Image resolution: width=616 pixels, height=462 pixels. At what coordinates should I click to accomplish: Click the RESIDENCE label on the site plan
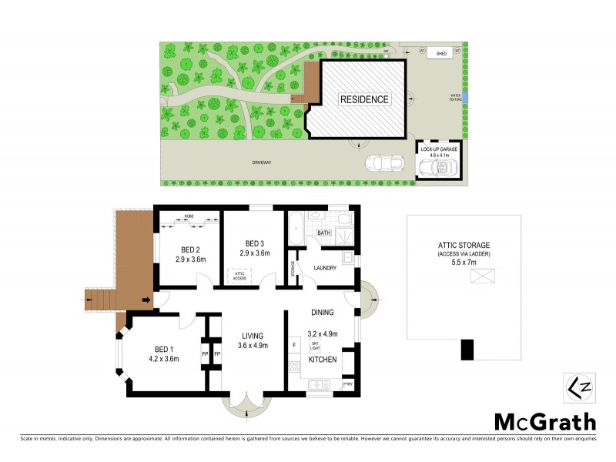[x=366, y=99]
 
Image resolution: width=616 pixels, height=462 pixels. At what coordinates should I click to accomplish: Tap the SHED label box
[x=441, y=54]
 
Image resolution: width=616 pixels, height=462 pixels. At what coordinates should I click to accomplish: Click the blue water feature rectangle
[x=465, y=98]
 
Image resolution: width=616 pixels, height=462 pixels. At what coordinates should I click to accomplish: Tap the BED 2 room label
[x=191, y=249]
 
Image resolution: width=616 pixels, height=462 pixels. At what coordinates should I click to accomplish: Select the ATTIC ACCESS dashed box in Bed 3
[x=236, y=273]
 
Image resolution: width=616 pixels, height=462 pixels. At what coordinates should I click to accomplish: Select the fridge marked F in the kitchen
[x=293, y=343]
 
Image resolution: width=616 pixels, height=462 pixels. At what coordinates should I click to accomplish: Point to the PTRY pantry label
[x=347, y=382]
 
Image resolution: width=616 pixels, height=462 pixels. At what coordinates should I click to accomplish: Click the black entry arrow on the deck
[x=146, y=300]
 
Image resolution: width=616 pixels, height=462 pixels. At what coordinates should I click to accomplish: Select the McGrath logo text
[x=544, y=421]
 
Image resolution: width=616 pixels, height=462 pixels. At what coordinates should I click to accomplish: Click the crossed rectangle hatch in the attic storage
[x=482, y=276]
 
